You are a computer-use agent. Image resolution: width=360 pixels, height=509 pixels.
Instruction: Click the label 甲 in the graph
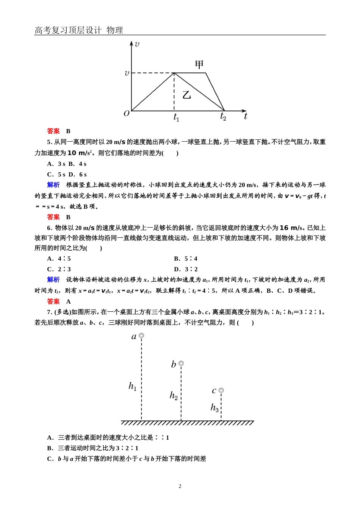pyautogui.click(x=199, y=65)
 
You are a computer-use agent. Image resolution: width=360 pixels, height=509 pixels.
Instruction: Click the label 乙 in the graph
pyautogui.click(x=186, y=95)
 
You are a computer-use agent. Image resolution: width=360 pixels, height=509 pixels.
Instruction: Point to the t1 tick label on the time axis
pyautogui.click(x=176, y=117)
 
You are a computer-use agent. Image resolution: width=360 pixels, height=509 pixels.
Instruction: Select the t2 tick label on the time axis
pyautogui.click(x=223, y=117)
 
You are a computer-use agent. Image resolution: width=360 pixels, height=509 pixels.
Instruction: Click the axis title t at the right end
pyautogui.click(x=246, y=116)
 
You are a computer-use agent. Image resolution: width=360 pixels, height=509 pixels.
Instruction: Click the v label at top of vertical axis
pyautogui.click(x=137, y=44)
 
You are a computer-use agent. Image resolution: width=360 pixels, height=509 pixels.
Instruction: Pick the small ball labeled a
pyautogui.click(x=141, y=336)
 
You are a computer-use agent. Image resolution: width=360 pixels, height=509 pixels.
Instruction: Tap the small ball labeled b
pyautogui.click(x=181, y=364)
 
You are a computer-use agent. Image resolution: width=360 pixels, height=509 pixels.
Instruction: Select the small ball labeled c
pyautogui.click(x=221, y=390)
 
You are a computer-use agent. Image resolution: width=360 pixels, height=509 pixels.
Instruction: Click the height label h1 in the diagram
pyautogui.click(x=132, y=387)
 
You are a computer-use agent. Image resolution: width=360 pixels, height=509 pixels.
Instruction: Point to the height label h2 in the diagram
pyautogui.click(x=174, y=396)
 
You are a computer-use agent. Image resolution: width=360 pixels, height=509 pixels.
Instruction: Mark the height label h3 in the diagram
pyautogui.click(x=214, y=408)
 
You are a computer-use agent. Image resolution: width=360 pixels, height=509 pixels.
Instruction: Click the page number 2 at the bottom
pyautogui.click(x=180, y=486)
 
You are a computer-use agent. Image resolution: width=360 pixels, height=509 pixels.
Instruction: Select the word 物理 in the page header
pyautogui.click(x=115, y=30)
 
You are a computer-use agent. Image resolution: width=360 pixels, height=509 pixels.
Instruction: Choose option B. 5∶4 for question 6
pyautogui.click(x=186, y=259)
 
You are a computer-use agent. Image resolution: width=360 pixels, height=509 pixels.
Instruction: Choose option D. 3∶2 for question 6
pyautogui.click(x=186, y=269)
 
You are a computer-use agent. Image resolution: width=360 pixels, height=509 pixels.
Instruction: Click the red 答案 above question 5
pyautogui.click(x=53, y=131)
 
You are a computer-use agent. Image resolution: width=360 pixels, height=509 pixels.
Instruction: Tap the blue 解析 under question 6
pyautogui.click(x=53, y=279)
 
